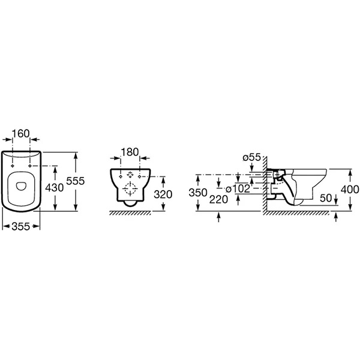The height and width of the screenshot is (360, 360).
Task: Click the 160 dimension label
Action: [x=20, y=133]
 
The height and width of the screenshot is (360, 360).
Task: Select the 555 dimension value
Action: [x=76, y=181]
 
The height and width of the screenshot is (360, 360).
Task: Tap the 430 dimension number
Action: [x=55, y=188]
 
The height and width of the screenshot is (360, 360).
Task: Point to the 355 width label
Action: [x=21, y=226]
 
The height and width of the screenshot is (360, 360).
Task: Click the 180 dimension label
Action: [x=130, y=152]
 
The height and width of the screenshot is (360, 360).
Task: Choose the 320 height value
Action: [x=163, y=194]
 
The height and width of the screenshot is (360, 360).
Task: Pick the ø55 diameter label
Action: [x=252, y=157]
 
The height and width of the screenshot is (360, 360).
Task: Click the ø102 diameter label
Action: [x=238, y=189]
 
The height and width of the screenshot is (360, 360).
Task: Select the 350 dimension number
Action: [x=198, y=193]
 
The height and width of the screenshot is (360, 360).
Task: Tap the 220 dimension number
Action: [x=218, y=199]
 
